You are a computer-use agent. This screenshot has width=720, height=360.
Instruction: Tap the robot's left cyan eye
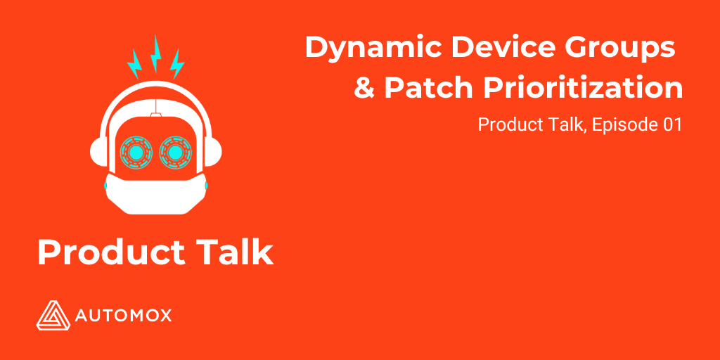[135, 152]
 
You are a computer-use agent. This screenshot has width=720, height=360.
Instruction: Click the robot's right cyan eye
[174, 152]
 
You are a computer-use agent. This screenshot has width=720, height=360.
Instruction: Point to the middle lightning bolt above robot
[156, 53]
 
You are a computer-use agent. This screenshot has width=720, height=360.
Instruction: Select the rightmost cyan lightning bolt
[177, 63]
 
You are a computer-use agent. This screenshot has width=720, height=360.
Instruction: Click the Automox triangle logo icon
[51, 314]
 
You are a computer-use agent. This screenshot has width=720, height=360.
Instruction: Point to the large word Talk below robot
[231, 252]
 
